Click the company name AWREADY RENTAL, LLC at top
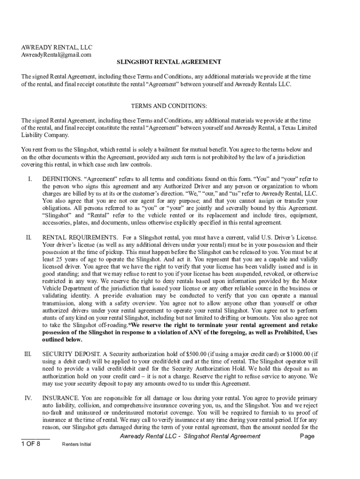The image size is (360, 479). pyautogui.click(x=57, y=47)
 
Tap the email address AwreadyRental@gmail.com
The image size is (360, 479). pyautogui.click(x=56, y=55)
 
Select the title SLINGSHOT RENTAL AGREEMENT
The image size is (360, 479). pyautogui.click(x=169, y=62)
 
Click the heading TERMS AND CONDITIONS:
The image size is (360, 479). pyautogui.click(x=169, y=106)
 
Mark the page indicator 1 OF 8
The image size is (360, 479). pyautogui.click(x=31, y=444)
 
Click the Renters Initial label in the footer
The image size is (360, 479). pyautogui.click(x=76, y=444)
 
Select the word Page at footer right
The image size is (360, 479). pyautogui.click(x=307, y=436)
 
